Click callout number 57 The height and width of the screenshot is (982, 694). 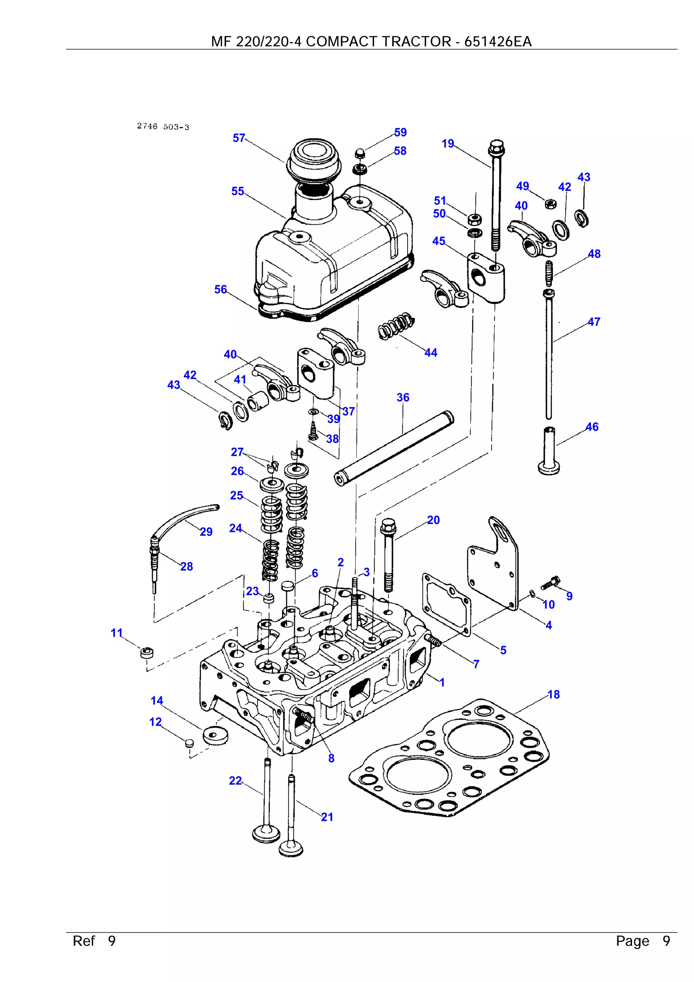[239, 138]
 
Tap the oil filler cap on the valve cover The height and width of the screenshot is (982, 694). [314, 158]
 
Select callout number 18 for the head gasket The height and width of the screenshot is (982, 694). [553, 695]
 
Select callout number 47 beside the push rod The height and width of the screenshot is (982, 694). [593, 322]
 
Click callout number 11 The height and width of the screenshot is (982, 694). [116, 633]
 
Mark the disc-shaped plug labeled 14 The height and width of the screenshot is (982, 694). [215, 735]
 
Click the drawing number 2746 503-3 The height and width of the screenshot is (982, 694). [163, 126]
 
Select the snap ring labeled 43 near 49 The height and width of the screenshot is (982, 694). [582, 218]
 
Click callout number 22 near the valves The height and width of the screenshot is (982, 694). [235, 781]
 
